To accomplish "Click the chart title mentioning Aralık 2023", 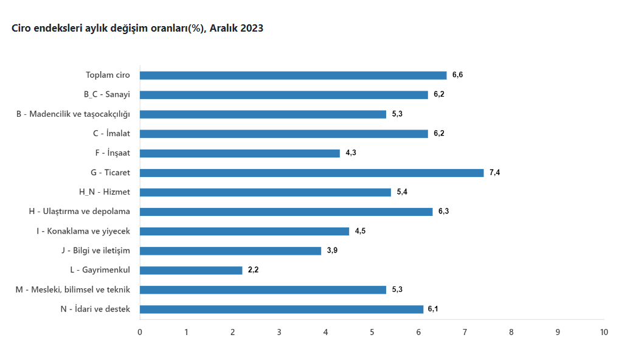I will (x=137, y=29).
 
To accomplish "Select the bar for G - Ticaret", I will (x=311, y=173).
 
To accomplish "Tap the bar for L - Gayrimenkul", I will (x=191, y=270).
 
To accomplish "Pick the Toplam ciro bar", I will (x=293, y=75).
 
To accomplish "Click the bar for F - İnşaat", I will (x=240, y=153).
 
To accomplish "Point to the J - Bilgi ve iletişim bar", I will (x=230, y=251).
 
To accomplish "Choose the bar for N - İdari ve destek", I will (x=282, y=309).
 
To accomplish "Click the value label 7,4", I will (x=494, y=173).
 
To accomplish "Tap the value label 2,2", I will (x=253, y=270).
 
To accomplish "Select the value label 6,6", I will (x=457, y=75).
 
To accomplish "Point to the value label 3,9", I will (x=332, y=251).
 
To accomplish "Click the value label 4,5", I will (x=360, y=231).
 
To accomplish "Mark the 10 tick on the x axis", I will (x=604, y=332).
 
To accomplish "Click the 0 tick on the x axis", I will (x=140, y=332).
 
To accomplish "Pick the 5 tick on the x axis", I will (x=372, y=332).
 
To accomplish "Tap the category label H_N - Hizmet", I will (x=105, y=192).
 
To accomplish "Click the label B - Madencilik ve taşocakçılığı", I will (x=74, y=114).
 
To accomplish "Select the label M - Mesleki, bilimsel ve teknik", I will (x=73, y=289).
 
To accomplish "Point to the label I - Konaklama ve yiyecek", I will (x=83, y=231).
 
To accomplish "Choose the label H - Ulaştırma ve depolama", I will (x=80, y=212).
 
